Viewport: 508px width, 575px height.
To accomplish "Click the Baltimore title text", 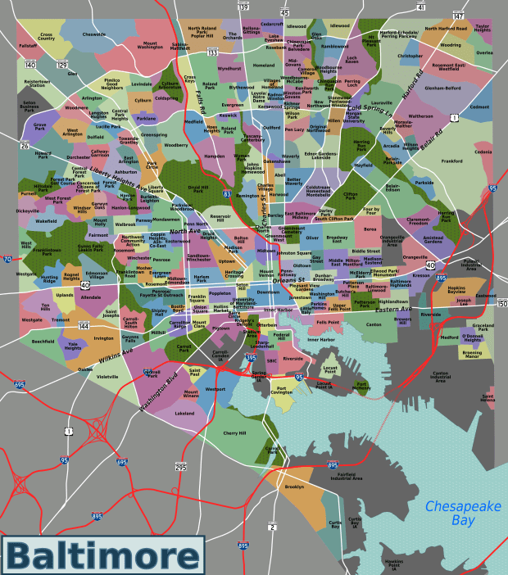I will coord(103,555).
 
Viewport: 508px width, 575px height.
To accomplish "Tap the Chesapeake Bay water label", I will coord(461,513).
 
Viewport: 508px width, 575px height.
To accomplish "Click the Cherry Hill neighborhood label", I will coord(234,432).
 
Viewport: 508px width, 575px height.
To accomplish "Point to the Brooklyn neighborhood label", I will coord(294,487).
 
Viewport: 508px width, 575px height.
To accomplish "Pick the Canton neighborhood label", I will coord(374,325).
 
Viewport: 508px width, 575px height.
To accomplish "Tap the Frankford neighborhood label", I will coord(451,161).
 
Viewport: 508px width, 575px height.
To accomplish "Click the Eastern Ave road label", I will coord(393,309).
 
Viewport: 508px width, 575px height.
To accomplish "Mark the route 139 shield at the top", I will coord(244,7).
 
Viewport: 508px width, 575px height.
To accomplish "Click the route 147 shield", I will coord(458,16).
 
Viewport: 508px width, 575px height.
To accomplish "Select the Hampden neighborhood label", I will coord(214,156).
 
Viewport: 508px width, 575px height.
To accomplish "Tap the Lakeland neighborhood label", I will coord(184,414).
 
